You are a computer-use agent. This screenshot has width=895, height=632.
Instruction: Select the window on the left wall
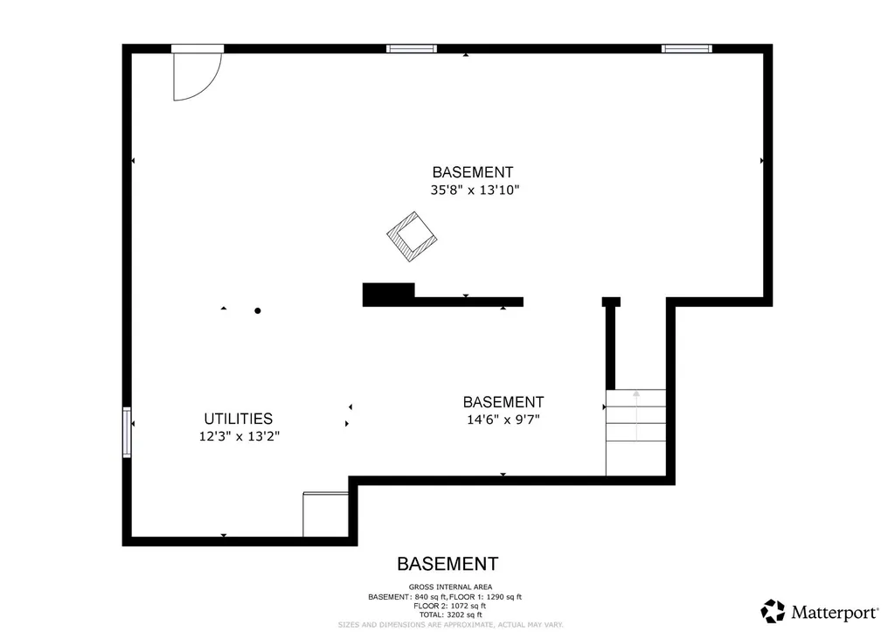[x=127, y=432]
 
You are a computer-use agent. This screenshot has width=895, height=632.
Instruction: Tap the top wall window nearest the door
[x=411, y=48]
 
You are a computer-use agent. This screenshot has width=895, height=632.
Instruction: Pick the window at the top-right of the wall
[x=686, y=48]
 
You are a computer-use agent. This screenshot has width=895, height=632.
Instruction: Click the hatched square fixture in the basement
[x=412, y=236]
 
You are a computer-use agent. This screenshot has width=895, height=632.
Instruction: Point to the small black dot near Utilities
[x=257, y=310]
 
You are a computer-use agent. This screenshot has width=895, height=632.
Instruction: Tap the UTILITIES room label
[x=238, y=419]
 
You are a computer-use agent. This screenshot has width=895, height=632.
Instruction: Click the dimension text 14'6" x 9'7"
[x=503, y=419]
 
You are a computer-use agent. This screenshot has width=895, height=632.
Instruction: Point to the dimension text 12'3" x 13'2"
[x=239, y=435]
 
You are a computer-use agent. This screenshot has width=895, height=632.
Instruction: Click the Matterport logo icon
[x=773, y=610]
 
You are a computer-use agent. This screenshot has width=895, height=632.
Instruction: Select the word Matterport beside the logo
[x=835, y=610]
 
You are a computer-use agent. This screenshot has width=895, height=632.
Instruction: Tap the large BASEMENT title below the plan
[x=447, y=564]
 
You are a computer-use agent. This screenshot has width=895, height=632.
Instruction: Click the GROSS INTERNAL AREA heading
[x=450, y=587]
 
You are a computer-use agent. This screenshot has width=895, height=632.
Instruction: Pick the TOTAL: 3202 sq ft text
[x=450, y=615]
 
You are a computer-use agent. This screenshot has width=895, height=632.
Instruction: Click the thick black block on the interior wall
[x=388, y=295]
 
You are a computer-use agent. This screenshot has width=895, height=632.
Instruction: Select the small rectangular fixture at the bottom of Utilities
[x=325, y=515]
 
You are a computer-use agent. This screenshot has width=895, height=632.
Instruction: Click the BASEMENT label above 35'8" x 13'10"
[x=473, y=172]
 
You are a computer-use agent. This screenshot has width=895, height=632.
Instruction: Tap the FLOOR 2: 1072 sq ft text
[x=450, y=605]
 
